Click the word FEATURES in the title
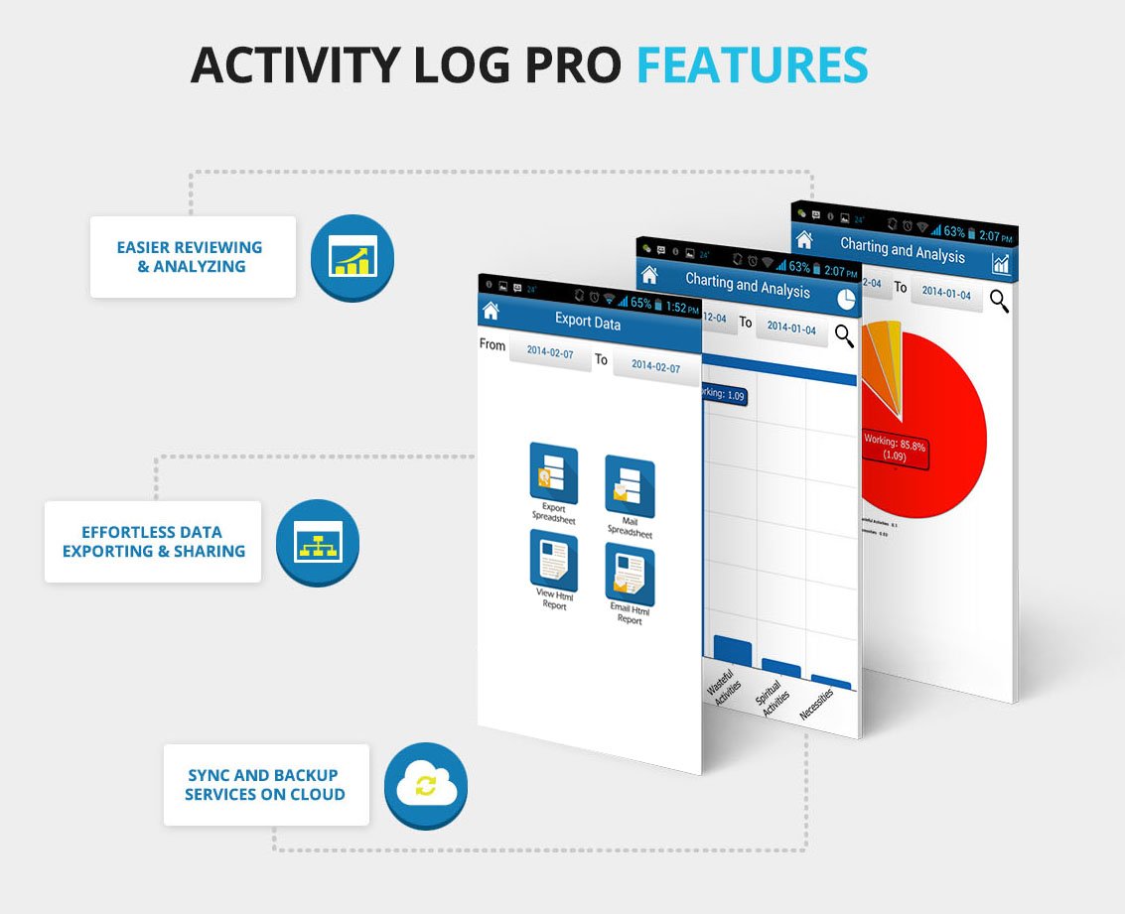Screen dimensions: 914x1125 pyautogui.click(x=752, y=65)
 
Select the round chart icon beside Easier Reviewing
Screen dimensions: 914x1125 pyautogui.click(x=352, y=257)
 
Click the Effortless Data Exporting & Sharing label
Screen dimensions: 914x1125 pyautogui.click(x=153, y=542)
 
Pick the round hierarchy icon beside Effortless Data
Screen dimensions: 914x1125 pyautogui.click(x=318, y=543)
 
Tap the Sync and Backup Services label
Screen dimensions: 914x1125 pyautogui.click(x=265, y=785)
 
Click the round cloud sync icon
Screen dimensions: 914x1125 pyautogui.click(x=425, y=787)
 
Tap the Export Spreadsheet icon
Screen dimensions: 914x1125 pyautogui.click(x=553, y=472)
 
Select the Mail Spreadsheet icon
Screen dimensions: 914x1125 pyautogui.click(x=630, y=488)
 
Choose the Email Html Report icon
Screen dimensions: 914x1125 pyautogui.click(x=630, y=575)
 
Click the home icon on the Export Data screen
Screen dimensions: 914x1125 pyautogui.click(x=491, y=310)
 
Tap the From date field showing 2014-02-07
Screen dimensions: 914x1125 pyautogui.click(x=550, y=351)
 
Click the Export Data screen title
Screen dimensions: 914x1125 pyautogui.click(x=588, y=323)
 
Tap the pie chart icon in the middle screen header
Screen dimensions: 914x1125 pyautogui.click(x=846, y=299)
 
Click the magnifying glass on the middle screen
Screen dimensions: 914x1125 pyautogui.click(x=844, y=335)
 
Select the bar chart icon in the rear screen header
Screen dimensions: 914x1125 pyautogui.click(x=1001, y=263)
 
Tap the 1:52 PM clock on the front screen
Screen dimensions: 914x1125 pyautogui.click(x=682, y=308)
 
